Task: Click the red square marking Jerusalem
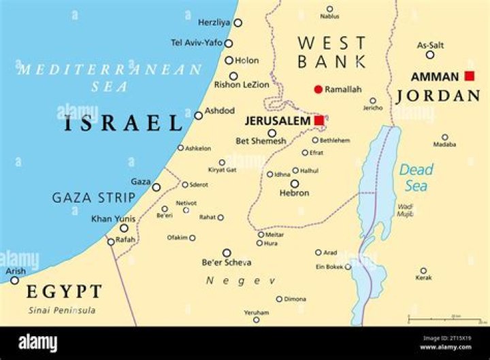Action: click(x=319, y=120)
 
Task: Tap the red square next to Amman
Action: click(x=469, y=76)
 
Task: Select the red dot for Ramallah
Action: click(x=318, y=89)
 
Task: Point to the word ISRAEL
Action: click(x=123, y=123)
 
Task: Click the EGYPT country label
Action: click(x=64, y=292)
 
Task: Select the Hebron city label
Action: click(x=295, y=193)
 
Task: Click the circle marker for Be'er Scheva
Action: click(x=227, y=252)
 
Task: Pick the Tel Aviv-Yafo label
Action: click(x=197, y=42)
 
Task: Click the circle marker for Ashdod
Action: click(x=199, y=116)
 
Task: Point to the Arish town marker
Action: click(x=14, y=280)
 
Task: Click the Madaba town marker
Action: click(x=445, y=137)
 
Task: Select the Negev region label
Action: click(x=241, y=280)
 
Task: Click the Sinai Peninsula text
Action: click(x=61, y=310)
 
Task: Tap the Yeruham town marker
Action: click(x=257, y=320)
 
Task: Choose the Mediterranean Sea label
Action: click(x=110, y=77)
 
